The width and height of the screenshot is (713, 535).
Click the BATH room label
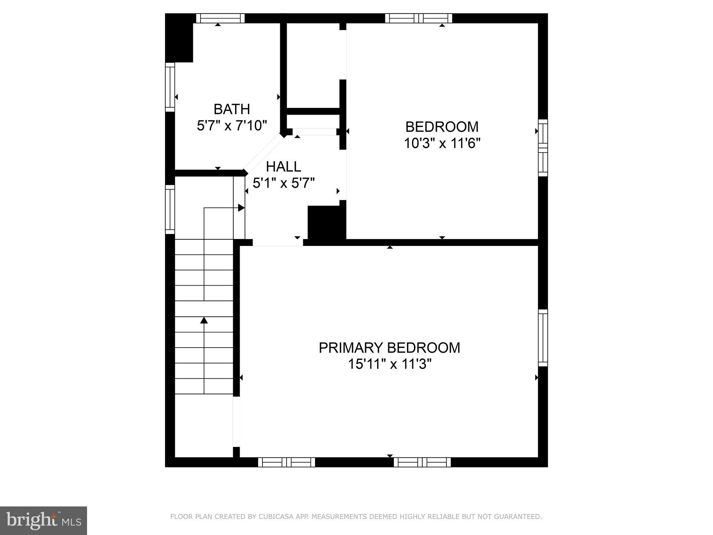[232, 109]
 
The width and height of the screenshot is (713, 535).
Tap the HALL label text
[283, 167]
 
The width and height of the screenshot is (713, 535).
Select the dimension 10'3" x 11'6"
[442, 143]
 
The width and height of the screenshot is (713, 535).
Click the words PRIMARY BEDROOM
[389, 348]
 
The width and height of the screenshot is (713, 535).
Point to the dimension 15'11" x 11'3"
[390, 364]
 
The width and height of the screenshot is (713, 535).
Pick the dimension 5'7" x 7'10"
[232, 125]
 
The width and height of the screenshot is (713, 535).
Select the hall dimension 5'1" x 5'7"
[283, 183]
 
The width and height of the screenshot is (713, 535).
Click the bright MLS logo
[44, 520]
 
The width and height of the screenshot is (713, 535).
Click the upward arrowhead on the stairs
[204, 320]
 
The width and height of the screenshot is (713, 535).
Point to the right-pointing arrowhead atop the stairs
[241, 208]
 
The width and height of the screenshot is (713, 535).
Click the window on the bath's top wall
[220, 18]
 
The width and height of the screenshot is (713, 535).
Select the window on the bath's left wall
[170, 87]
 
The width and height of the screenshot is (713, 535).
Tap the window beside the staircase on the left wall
[170, 209]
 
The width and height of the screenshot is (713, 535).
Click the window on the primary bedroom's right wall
[543, 338]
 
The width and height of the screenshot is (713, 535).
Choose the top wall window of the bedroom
[418, 18]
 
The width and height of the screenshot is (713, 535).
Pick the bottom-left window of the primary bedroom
[286, 462]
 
